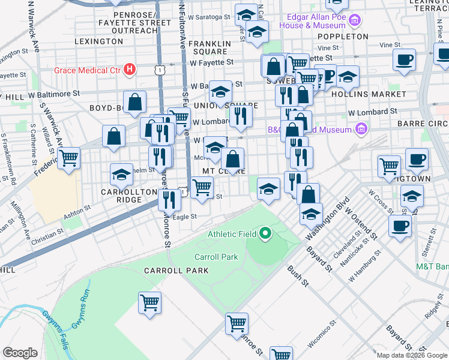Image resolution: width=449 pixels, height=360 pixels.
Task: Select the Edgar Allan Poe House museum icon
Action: tap(354, 22)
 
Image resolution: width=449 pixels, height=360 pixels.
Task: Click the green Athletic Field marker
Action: tap(265, 233)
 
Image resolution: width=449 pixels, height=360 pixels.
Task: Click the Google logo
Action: tap(20, 353)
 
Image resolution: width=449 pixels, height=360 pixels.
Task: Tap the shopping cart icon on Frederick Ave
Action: tap(69, 158)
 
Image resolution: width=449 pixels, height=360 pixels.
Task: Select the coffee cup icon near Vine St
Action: tap(404, 60)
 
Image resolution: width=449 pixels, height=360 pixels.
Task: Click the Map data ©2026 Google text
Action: tap(411, 355)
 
